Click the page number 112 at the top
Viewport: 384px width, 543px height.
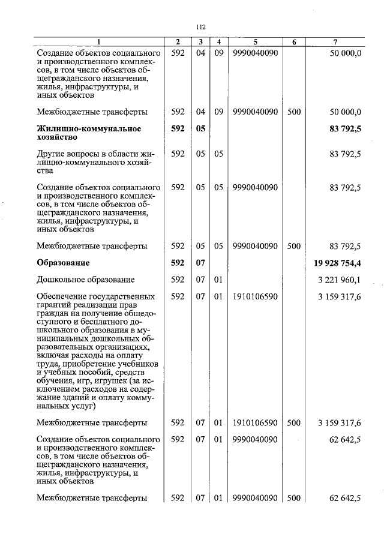coord(200,27)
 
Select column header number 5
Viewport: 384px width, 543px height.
coord(255,41)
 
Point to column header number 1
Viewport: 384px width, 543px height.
coord(100,41)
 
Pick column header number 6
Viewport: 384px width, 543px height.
coord(294,41)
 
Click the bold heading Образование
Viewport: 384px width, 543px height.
coord(64,263)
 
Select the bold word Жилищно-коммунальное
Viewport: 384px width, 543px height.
coord(89,128)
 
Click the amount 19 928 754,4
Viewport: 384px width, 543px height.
coord(337,263)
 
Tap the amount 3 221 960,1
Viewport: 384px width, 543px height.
coord(340,280)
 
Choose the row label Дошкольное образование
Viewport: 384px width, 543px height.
coord(85,280)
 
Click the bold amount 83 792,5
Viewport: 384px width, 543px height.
coord(345,128)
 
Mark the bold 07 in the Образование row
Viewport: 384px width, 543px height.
coord(200,263)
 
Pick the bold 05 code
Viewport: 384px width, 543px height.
coord(200,128)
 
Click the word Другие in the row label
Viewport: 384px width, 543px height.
coord(51,154)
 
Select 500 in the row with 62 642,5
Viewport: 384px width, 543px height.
coord(294,497)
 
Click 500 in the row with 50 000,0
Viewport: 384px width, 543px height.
coord(294,112)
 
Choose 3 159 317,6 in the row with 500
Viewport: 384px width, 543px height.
coord(340,423)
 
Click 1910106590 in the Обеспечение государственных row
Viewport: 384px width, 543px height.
coord(255,296)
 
